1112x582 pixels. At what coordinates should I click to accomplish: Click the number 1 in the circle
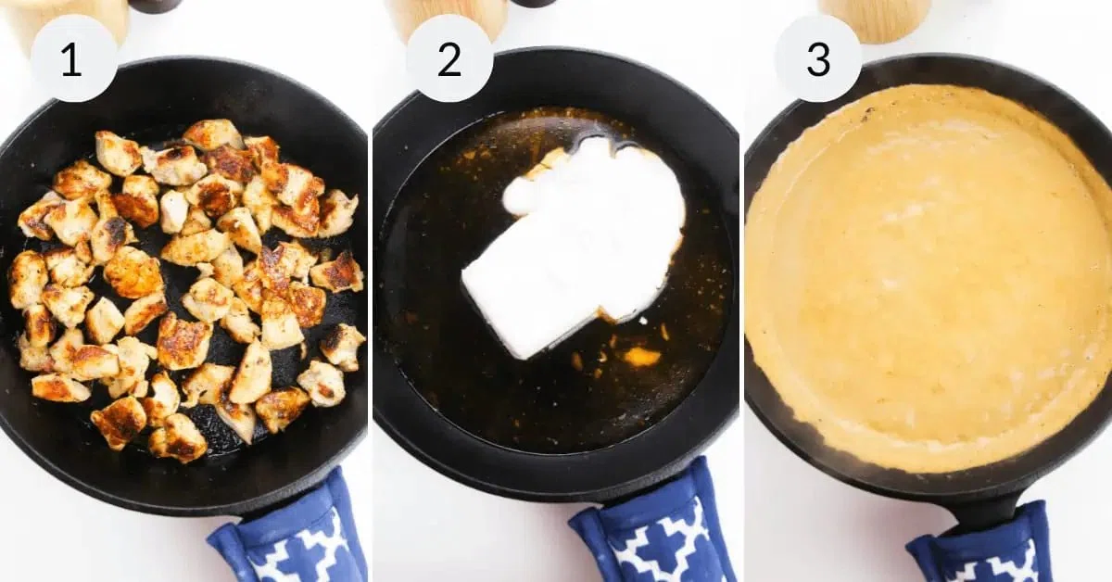[71, 59]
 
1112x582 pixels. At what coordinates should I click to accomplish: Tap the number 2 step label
[449, 59]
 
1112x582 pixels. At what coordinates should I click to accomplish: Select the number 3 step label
[818, 59]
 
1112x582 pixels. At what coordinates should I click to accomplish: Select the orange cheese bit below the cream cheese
[642, 357]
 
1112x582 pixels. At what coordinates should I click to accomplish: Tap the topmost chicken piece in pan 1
[212, 134]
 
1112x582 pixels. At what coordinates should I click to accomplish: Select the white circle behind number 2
[449, 58]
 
